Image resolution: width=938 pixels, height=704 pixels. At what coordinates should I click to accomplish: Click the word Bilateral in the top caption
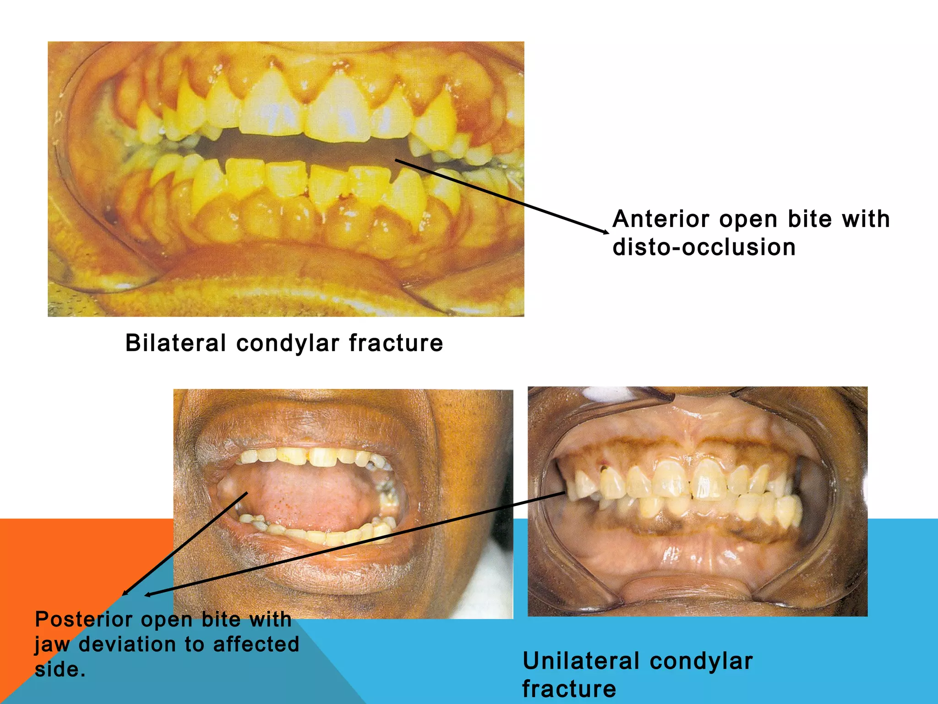(x=175, y=343)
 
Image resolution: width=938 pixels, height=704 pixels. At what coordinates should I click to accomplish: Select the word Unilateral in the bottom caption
(x=580, y=661)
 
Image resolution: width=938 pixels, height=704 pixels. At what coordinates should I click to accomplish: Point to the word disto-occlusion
(x=704, y=247)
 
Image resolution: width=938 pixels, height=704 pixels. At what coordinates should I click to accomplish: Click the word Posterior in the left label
(x=83, y=620)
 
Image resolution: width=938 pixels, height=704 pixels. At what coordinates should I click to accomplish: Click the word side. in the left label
(x=60, y=670)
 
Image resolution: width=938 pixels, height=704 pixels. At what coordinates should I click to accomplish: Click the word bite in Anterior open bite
(x=809, y=219)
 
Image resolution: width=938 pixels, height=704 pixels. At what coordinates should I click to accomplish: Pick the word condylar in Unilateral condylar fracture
(x=701, y=661)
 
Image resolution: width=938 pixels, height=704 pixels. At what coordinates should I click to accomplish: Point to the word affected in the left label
(x=256, y=644)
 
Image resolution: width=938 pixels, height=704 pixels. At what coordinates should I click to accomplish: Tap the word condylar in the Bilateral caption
(x=288, y=343)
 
